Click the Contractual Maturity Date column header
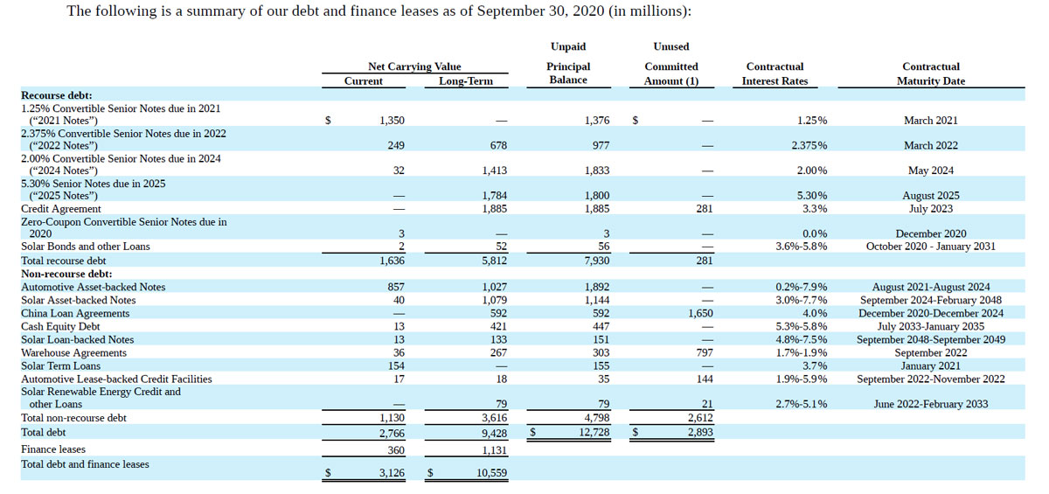tap(930, 73)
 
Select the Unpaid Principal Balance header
tap(568, 66)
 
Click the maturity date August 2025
tap(930, 196)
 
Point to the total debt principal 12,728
tap(591, 432)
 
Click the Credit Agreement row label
tap(60, 209)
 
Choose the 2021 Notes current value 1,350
tap(389, 121)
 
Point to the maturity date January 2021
tap(930, 366)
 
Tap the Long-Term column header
tap(465, 81)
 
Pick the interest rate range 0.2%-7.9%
tap(802, 287)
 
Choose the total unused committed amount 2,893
tap(699, 432)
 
